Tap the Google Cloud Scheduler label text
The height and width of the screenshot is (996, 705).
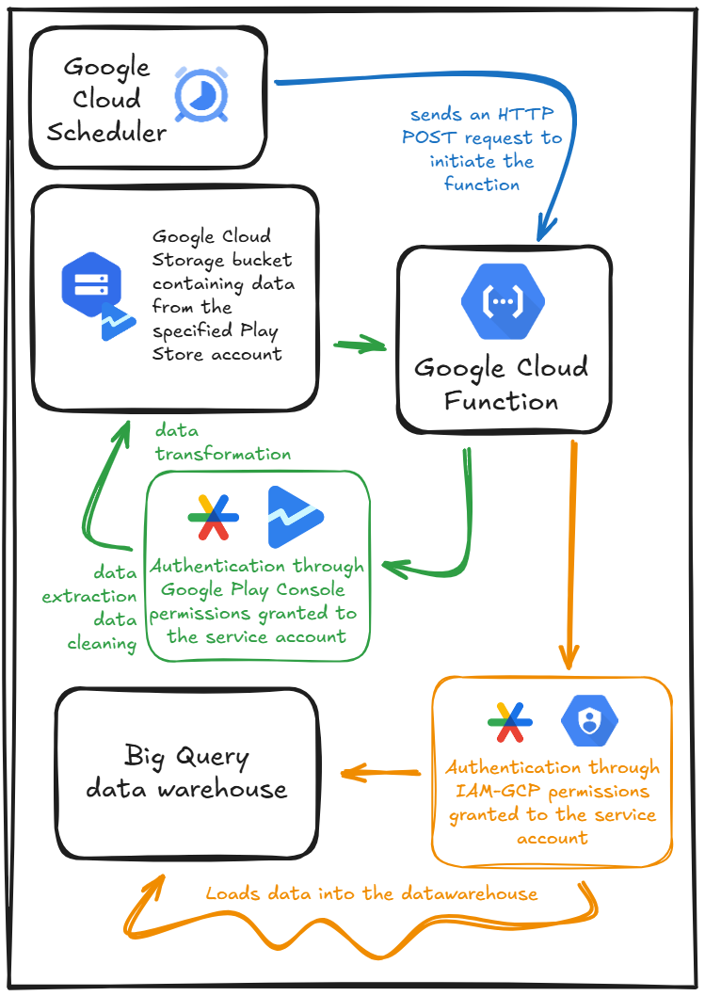106,99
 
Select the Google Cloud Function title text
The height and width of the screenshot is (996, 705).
501,384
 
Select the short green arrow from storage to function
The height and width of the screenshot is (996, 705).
361,344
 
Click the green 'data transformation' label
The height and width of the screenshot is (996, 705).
223,442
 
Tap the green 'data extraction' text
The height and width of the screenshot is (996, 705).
89,585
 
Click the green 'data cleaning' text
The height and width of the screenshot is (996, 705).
102,633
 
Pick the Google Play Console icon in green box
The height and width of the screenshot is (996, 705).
296,517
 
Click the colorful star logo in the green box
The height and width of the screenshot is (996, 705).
213,517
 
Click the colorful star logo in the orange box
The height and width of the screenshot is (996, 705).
509,723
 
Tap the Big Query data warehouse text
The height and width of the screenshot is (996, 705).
186,772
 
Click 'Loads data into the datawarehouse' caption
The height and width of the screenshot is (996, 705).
372,893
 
